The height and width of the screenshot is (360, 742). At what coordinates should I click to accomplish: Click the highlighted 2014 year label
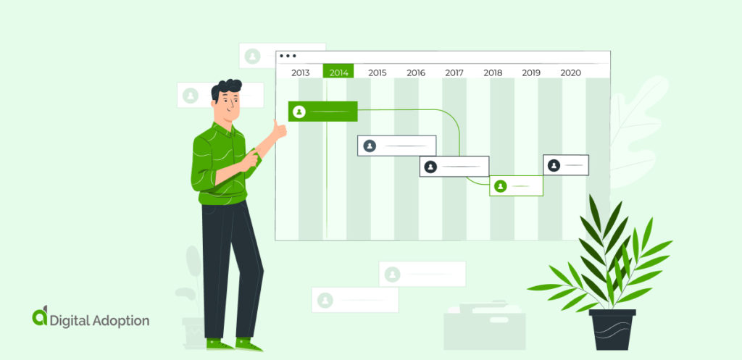(x=338, y=72)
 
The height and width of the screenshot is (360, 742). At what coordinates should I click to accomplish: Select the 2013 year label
(x=300, y=72)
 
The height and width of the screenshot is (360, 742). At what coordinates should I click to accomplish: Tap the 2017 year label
(x=454, y=72)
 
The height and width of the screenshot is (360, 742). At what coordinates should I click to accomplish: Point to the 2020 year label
(x=570, y=72)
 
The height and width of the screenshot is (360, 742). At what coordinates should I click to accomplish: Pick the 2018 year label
(x=493, y=72)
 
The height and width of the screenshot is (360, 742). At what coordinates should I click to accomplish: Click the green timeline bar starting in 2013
(x=323, y=112)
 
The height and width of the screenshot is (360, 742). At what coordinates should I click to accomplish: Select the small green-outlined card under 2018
(x=516, y=186)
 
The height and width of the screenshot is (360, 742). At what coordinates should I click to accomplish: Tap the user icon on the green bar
(x=299, y=112)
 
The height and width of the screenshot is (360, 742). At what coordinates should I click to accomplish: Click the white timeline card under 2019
(x=566, y=165)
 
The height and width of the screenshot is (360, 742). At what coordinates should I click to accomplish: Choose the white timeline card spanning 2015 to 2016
(x=396, y=146)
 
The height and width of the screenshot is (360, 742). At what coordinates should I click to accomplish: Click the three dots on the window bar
(x=288, y=56)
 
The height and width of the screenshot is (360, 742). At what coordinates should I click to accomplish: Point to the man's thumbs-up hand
(x=278, y=128)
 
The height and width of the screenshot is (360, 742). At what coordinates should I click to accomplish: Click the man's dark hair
(x=227, y=90)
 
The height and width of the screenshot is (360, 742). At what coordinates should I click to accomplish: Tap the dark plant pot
(x=612, y=330)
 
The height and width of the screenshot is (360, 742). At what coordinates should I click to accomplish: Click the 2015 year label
(x=377, y=72)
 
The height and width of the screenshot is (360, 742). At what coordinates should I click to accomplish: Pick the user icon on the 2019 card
(x=554, y=165)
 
